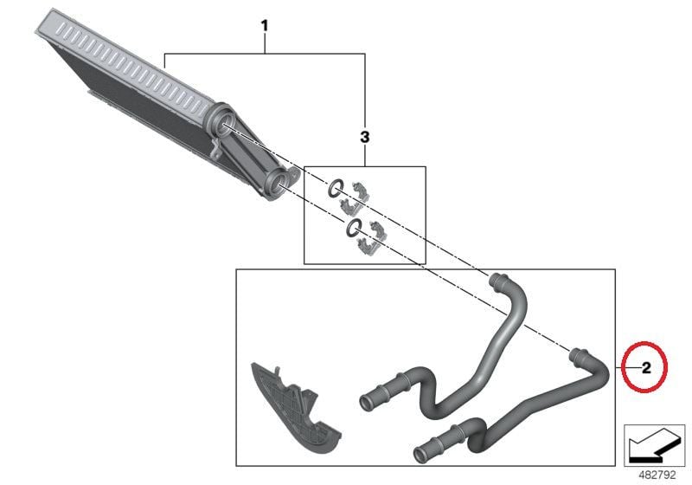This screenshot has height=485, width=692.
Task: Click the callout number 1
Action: pyautogui.click(x=265, y=26)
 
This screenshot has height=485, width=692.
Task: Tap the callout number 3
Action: pyautogui.click(x=364, y=138)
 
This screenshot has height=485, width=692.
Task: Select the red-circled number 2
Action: pyautogui.click(x=646, y=367)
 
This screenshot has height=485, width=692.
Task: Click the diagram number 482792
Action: pyautogui.click(x=657, y=475)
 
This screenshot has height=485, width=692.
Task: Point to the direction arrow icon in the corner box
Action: pyautogui.click(x=654, y=445)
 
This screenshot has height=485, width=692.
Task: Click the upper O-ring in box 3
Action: pyautogui.click(x=336, y=189)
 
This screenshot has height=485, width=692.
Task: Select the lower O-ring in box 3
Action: pyautogui.click(x=354, y=227)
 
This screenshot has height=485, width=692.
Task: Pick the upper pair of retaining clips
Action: pyautogui.click(x=355, y=197)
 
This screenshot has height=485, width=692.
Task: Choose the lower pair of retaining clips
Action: pyautogui.click(x=371, y=237)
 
